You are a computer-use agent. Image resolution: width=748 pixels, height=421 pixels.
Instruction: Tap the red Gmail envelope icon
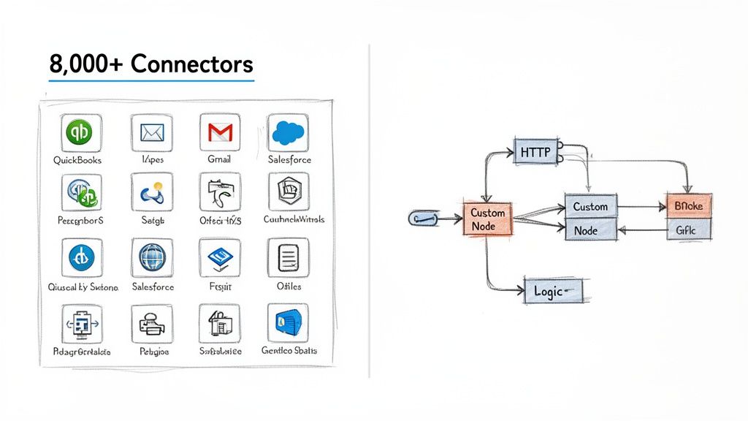tap(220, 132)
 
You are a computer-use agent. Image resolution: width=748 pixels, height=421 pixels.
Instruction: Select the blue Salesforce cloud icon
tap(287, 132)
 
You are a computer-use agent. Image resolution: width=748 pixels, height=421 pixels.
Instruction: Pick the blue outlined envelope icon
tap(151, 132)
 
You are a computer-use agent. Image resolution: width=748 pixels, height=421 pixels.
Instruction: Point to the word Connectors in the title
tap(191, 64)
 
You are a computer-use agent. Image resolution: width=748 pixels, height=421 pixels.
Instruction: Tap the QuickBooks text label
tap(78, 159)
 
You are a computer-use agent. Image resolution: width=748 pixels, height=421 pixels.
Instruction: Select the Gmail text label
tap(220, 159)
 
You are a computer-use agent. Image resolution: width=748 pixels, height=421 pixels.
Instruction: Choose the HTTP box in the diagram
tap(536, 152)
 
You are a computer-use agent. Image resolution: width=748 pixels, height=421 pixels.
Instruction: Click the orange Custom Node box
tap(487, 219)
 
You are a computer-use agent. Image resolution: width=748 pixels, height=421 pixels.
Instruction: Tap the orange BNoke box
tap(688, 206)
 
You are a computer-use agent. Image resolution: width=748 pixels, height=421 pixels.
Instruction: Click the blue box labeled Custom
tap(591, 207)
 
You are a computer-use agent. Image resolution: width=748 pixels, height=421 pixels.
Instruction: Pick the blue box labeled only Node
tap(591, 230)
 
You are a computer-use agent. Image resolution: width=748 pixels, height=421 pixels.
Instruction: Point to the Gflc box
tap(688, 230)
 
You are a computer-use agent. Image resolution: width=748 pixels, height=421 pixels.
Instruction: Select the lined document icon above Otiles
tap(288, 257)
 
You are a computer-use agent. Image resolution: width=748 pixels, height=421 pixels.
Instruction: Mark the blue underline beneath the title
tap(151, 80)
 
